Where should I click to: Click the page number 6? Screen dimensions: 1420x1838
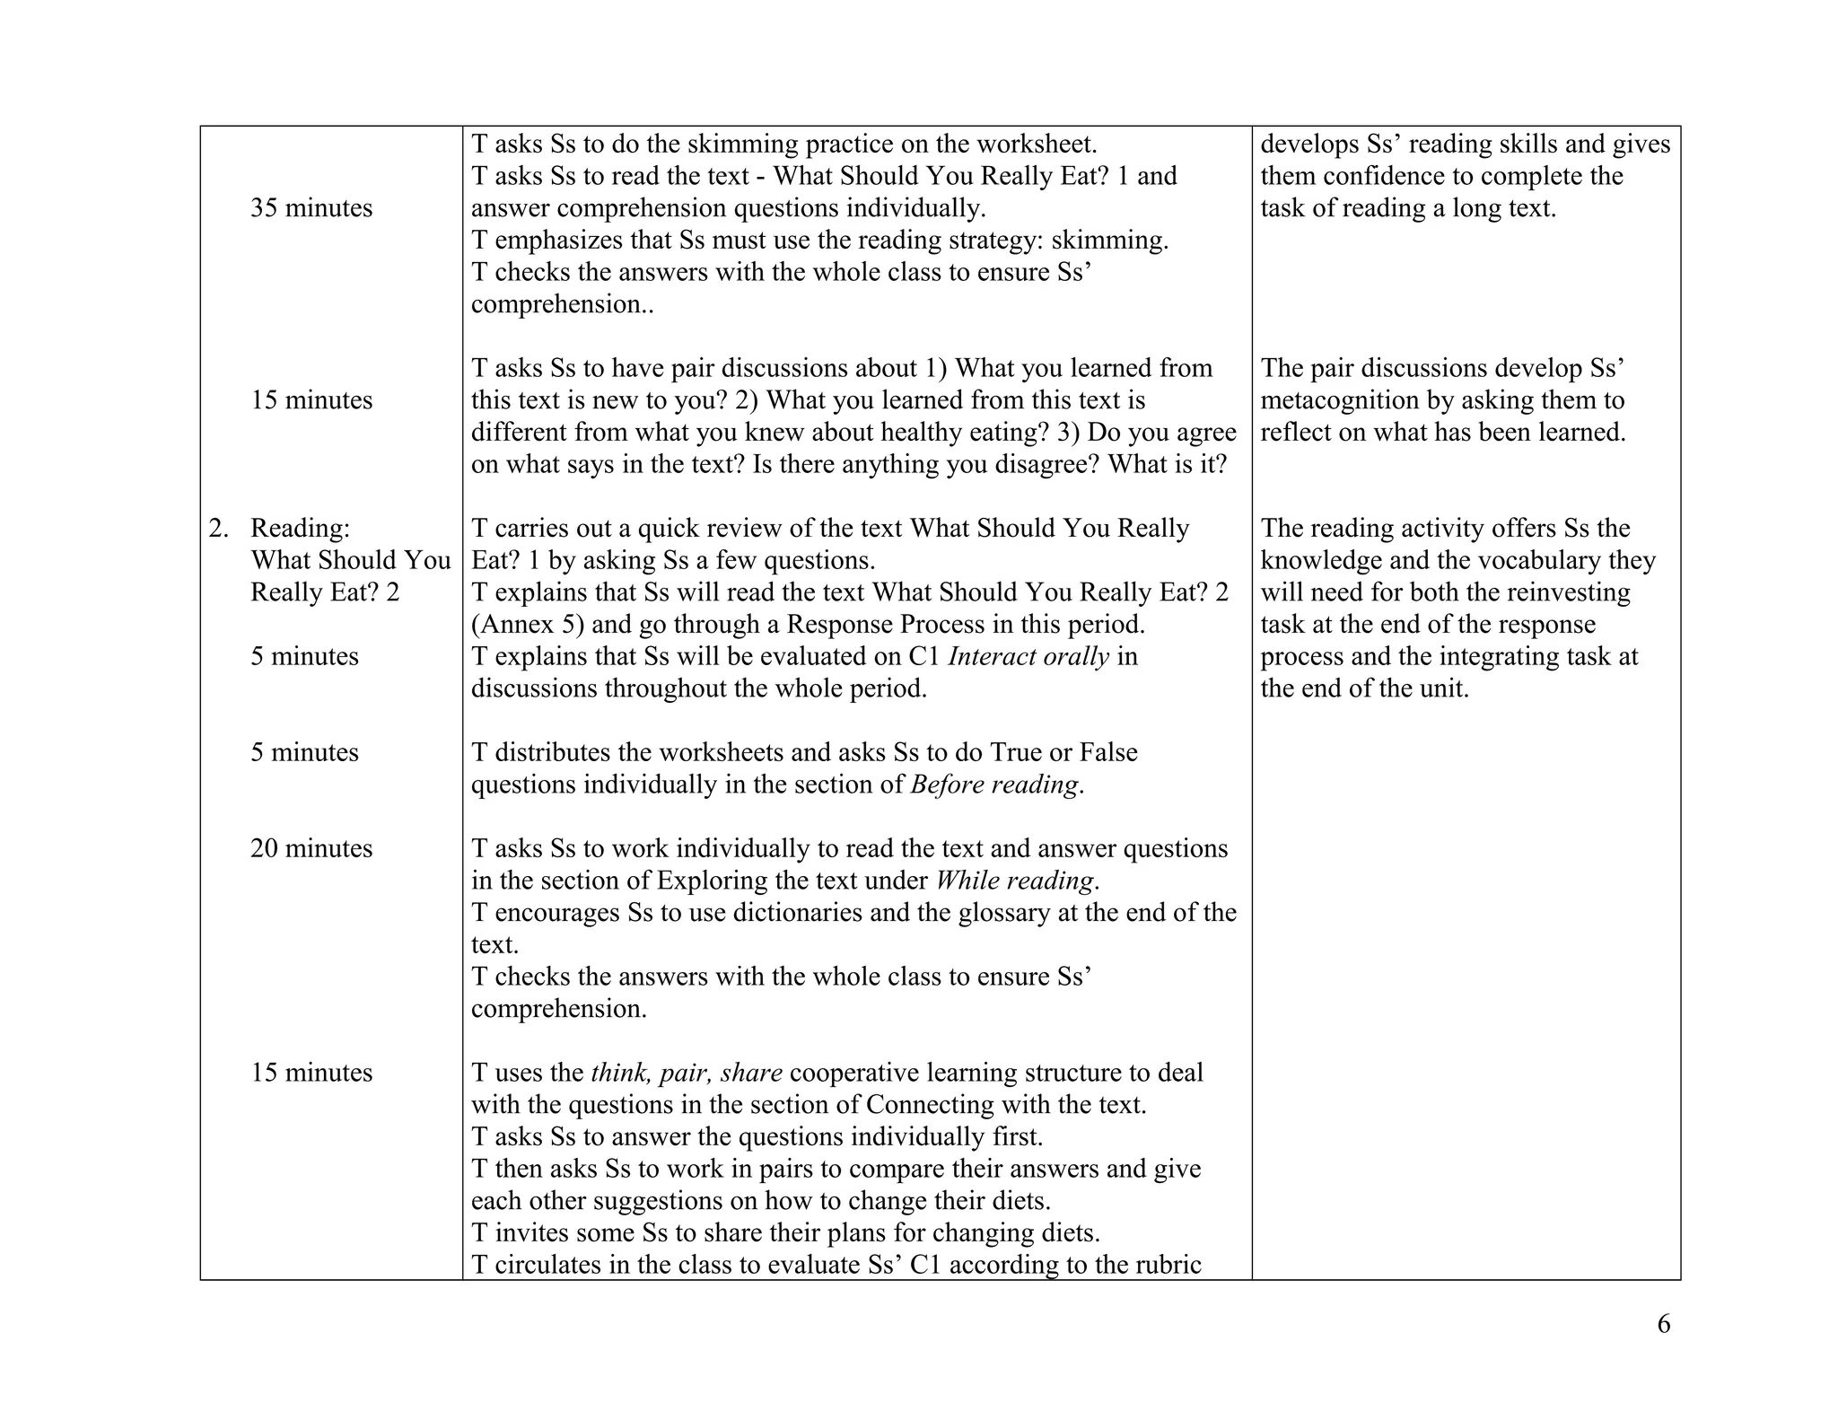click(x=1663, y=1324)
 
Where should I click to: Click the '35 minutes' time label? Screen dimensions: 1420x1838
click(x=311, y=208)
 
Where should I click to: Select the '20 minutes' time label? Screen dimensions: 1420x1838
click(x=311, y=848)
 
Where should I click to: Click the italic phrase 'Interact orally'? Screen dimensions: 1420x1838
click(x=1028, y=656)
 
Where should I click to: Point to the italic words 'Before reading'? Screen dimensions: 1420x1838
click(x=994, y=785)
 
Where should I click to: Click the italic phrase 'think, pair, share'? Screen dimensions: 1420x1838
click(x=687, y=1073)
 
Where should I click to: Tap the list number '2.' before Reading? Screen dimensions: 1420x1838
click(x=218, y=528)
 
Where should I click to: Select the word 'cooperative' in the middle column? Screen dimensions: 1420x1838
click(x=853, y=1073)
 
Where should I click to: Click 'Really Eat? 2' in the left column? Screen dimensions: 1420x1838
click(x=325, y=592)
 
